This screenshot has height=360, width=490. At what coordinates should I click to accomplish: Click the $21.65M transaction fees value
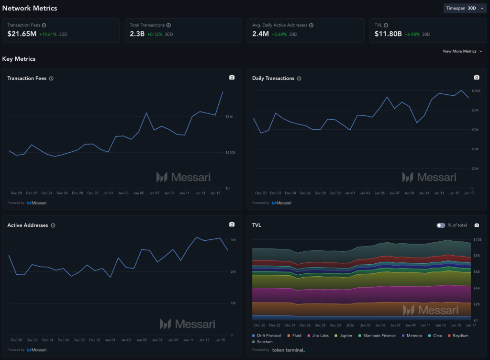pyautogui.click(x=22, y=34)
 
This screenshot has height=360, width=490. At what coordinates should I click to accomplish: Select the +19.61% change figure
pyautogui.click(x=48, y=34)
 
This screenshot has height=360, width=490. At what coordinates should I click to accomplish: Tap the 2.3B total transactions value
pyautogui.click(x=137, y=34)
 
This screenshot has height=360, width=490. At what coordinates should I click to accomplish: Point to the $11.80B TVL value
pyautogui.click(x=388, y=34)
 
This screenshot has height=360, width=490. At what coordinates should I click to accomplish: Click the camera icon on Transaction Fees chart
pyautogui.click(x=232, y=78)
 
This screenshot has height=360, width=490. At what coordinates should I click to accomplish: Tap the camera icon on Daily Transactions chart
pyautogui.click(x=477, y=78)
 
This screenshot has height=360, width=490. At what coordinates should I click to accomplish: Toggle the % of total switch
pyautogui.click(x=441, y=225)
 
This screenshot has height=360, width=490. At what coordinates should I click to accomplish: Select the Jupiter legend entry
pyautogui.click(x=345, y=336)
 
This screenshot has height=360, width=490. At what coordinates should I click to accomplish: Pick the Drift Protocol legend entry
pyautogui.click(x=269, y=336)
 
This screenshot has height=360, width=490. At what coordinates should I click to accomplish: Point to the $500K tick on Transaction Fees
pyautogui.click(x=231, y=153)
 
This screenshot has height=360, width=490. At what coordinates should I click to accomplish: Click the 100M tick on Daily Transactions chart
pyautogui.click(x=476, y=91)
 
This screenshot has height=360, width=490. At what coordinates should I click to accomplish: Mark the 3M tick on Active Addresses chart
pyautogui.click(x=233, y=240)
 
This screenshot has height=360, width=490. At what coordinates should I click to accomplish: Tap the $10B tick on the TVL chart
pyautogui.click(x=477, y=239)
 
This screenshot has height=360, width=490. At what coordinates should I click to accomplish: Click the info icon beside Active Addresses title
pyautogui.click(x=53, y=225)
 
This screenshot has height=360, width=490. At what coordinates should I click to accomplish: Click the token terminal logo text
pyautogui.click(x=289, y=350)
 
